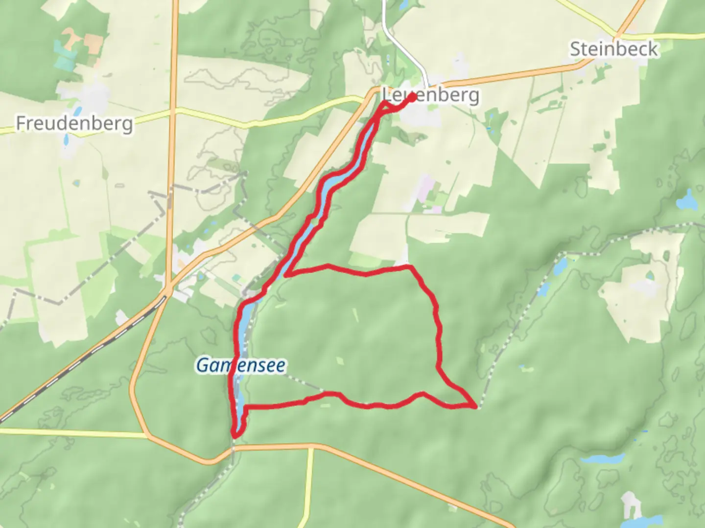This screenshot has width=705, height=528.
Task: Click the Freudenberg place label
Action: (74, 123)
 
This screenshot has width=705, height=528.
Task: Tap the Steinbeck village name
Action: (613, 49)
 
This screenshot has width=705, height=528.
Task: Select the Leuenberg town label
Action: (430, 94)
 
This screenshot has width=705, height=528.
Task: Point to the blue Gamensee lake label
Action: (240, 365)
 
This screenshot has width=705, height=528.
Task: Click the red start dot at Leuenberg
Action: (412, 97)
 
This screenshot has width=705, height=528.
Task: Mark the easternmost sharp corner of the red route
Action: (474, 406)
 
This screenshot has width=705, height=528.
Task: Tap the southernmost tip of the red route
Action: (236, 435)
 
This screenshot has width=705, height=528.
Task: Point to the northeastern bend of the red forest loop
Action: (410, 267)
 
